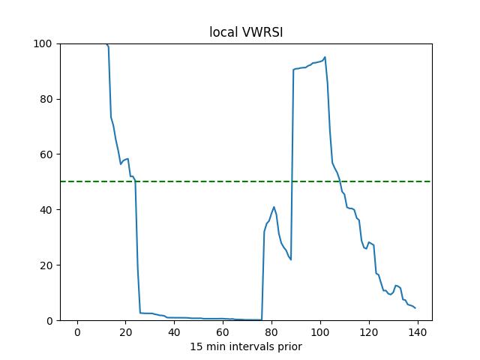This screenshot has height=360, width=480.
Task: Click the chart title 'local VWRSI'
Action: click(x=245, y=33)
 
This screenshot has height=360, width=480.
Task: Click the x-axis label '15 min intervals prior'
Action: click(x=245, y=346)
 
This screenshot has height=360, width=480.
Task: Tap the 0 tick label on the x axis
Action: click(x=76, y=332)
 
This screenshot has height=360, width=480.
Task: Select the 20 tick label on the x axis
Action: click(x=125, y=332)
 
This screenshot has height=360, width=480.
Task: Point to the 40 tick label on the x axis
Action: click(x=174, y=332)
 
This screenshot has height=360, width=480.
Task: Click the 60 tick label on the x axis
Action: click(x=223, y=332)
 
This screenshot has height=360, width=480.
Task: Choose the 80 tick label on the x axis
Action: click(x=271, y=332)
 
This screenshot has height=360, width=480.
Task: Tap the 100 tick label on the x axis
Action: click(x=320, y=332)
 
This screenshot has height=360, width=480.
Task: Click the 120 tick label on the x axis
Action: click(x=369, y=332)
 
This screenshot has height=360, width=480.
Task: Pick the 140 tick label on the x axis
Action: click(x=418, y=332)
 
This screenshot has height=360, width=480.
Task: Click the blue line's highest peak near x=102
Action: click(x=325, y=57)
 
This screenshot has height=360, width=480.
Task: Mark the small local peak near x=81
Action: click(x=274, y=207)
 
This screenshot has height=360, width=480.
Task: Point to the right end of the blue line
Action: click(x=415, y=308)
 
